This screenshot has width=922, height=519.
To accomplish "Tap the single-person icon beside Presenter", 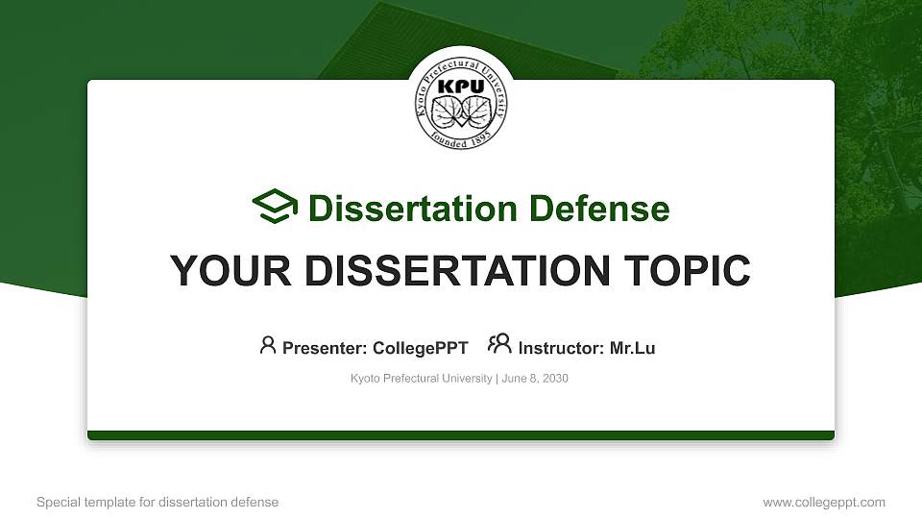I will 268,345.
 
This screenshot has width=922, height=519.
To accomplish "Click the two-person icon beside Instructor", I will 499,345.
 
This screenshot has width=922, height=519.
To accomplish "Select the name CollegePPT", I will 420,348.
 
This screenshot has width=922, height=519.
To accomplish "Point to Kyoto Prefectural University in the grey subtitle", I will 421,379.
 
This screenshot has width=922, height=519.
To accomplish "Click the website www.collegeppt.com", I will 823,502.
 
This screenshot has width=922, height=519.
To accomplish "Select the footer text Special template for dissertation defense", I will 158,502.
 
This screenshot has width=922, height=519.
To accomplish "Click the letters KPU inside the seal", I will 461,86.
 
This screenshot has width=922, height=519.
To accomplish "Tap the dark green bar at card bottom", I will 461,435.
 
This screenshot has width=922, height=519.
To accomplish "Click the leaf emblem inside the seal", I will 461,113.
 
